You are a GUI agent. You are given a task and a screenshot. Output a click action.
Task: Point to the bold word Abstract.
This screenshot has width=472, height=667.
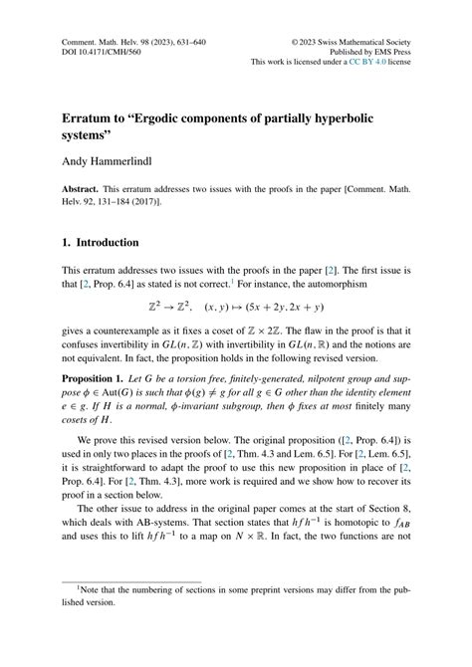(x=84, y=189)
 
